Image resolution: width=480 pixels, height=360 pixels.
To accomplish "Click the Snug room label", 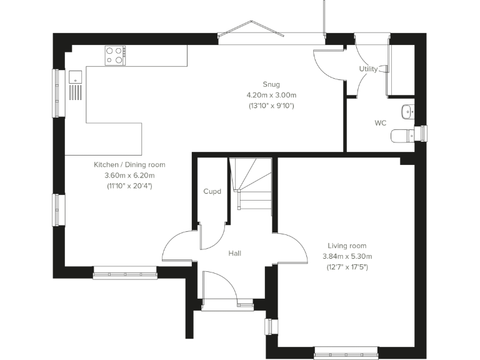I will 271,84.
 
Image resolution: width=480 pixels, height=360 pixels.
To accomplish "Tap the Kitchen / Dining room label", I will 129,165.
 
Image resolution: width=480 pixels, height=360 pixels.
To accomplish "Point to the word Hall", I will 235,253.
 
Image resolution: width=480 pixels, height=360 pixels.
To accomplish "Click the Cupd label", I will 212,191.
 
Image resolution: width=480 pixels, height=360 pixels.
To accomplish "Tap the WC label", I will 380,123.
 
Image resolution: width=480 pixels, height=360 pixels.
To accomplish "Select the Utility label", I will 368,69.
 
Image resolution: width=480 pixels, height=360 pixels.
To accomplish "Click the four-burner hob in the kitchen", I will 114,56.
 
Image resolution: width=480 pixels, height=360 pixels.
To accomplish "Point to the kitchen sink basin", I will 75,78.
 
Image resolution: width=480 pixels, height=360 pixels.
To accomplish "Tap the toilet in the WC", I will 403,135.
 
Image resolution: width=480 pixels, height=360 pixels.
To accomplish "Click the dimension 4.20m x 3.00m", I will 271,95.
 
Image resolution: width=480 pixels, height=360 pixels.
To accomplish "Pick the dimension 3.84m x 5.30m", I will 347,257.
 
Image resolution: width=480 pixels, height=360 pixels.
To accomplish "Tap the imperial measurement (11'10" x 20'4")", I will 129,186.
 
